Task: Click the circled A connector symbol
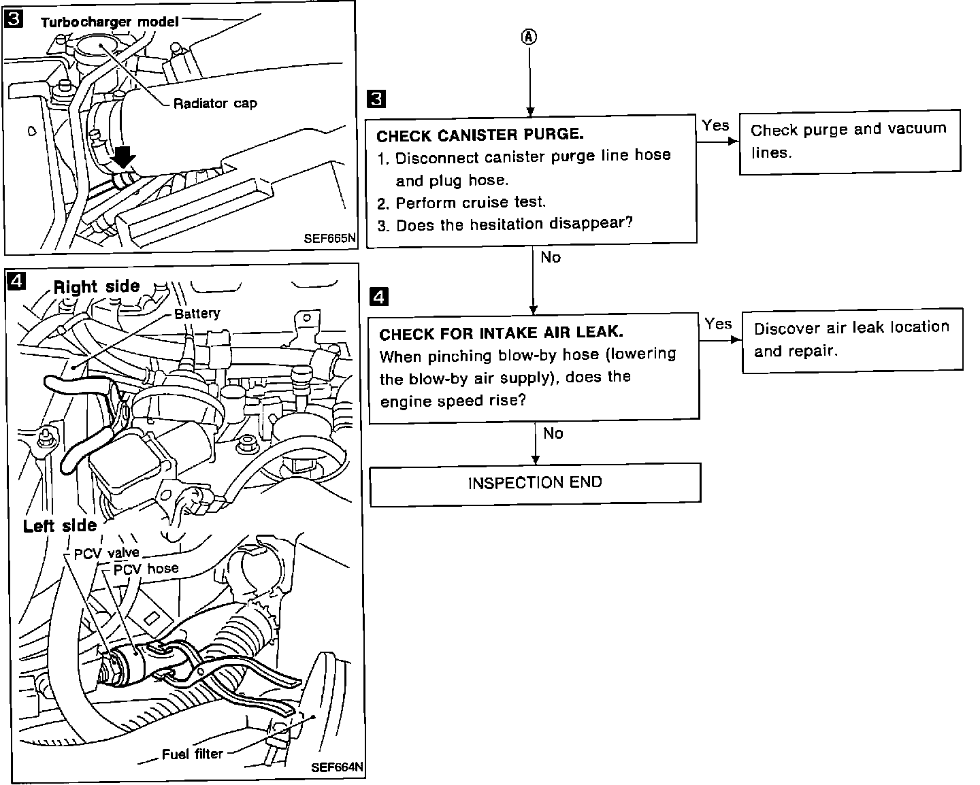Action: pos(529,37)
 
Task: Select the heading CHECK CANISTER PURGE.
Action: pos(480,135)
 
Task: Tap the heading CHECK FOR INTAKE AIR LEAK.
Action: pos(501,333)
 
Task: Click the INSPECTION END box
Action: pos(535,484)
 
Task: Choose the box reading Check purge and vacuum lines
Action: pos(849,141)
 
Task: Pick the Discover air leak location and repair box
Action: pos(852,340)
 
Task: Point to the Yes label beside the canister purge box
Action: pos(715,125)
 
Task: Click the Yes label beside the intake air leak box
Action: pos(718,324)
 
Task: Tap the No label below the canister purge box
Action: pos(551,257)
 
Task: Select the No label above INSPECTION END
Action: pos(553,433)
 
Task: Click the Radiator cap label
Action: pos(215,103)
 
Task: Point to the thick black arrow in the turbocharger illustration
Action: pos(123,157)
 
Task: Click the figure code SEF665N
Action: pos(329,239)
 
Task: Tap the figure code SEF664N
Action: pos(337,767)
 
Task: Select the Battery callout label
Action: pos(197,314)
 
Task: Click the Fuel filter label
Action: pos(192,754)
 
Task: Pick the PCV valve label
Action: pos(106,553)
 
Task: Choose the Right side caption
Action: pos(97,286)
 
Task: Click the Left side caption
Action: pos(60,526)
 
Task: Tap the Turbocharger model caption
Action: pos(110,22)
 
